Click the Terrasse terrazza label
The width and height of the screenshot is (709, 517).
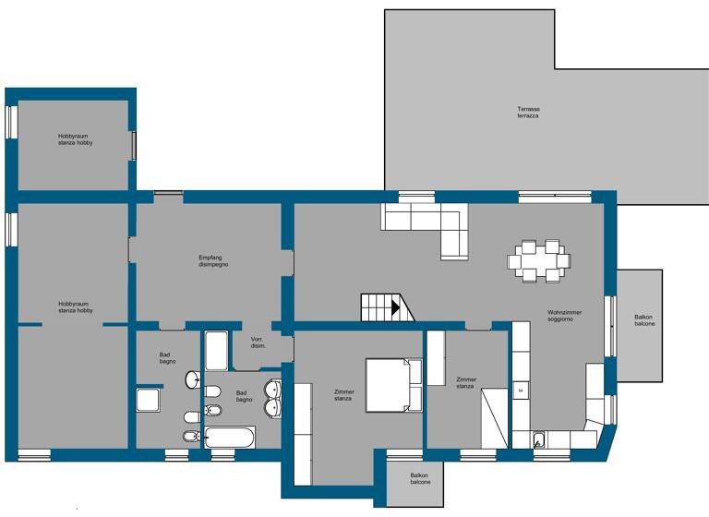(x=527, y=113)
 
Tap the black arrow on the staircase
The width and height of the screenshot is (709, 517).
(x=395, y=308)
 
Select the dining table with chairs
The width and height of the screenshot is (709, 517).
(x=538, y=260)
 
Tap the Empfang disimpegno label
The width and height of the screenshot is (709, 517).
(x=212, y=260)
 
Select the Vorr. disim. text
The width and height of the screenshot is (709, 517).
(x=258, y=343)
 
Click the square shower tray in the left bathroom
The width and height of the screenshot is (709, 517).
(x=150, y=401)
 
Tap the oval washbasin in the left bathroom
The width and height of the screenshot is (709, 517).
(x=194, y=379)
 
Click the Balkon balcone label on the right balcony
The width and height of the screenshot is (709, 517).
(x=644, y=320)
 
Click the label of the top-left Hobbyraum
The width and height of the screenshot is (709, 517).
(x=75, y=139)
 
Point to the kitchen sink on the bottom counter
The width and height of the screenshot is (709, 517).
(x=542, y=438)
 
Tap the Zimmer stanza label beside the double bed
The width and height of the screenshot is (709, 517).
(x=343, y=395)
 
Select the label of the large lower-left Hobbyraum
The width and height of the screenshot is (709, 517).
(x=75, y=307)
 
